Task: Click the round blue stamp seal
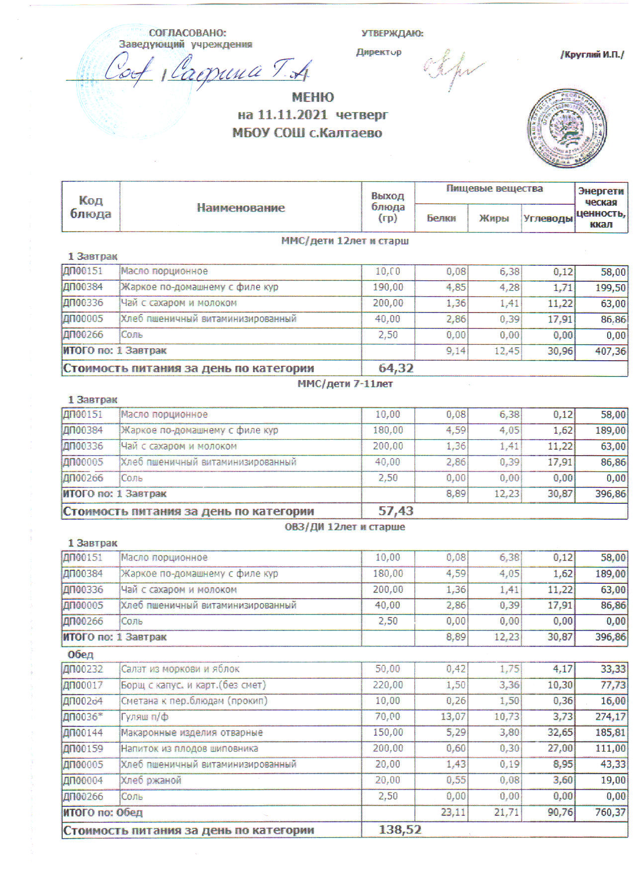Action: (566, 129)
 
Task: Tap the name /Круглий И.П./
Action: (592, 55)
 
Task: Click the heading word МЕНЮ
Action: (313, 97)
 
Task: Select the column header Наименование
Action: (241, 208)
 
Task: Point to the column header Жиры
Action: (494, 218)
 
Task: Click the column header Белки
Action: (441, 218)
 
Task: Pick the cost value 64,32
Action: (396, 368)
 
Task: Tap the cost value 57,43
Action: (396, 511)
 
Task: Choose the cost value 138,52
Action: (400, 830)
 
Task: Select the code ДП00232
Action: (83, 669)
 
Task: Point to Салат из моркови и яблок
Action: (180, 669)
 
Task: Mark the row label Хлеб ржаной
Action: (151, 781)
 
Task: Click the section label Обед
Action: (81, 654)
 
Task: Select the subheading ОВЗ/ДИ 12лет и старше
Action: (345, 527)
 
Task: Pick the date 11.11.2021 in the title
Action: (292, 115)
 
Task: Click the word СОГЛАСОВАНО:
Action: (187, 33)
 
